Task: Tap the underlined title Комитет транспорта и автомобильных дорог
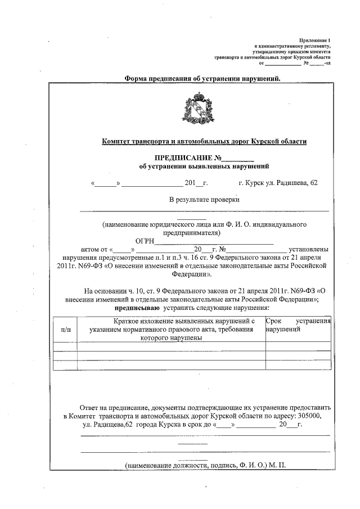tap(204, 142)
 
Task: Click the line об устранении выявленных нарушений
tap(204, 167)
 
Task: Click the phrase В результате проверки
tap(204, 200)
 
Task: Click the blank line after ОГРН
tap(214, 242)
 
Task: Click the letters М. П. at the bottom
tap(278, 466)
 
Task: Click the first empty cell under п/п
tap(65, 346)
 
